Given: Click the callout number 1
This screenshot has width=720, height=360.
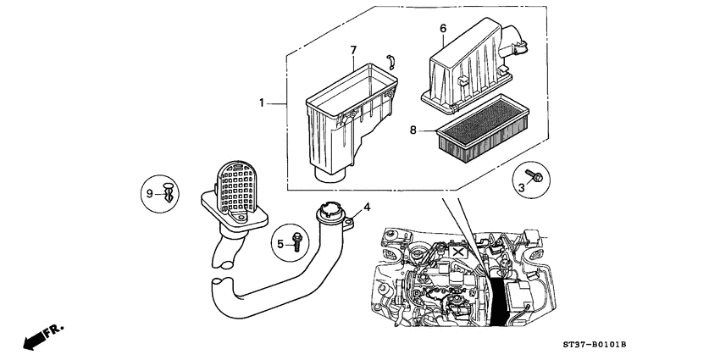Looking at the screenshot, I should pyautogui.click(x=262, y=102).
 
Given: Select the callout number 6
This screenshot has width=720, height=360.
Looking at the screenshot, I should pyautogui.click(x=442, y=29).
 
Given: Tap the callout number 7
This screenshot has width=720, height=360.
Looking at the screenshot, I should pyautogui.click(x=353, y=51).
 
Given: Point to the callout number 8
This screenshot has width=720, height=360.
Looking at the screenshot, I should pyautogui.click(x=413, y=130).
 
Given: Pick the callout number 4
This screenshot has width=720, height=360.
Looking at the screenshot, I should pyautogui.click(x=367, y=205).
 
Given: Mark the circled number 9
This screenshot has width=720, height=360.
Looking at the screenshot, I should pyautogui.click(x=150, y=194).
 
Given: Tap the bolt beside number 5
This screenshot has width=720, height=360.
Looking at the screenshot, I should pyautogui.click(x=296, y=241).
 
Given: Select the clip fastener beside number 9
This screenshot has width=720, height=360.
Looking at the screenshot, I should pyautogui.click(x=170, y=193).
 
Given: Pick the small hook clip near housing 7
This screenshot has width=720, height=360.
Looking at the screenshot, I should pyautogui.click(x=390, y=61).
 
